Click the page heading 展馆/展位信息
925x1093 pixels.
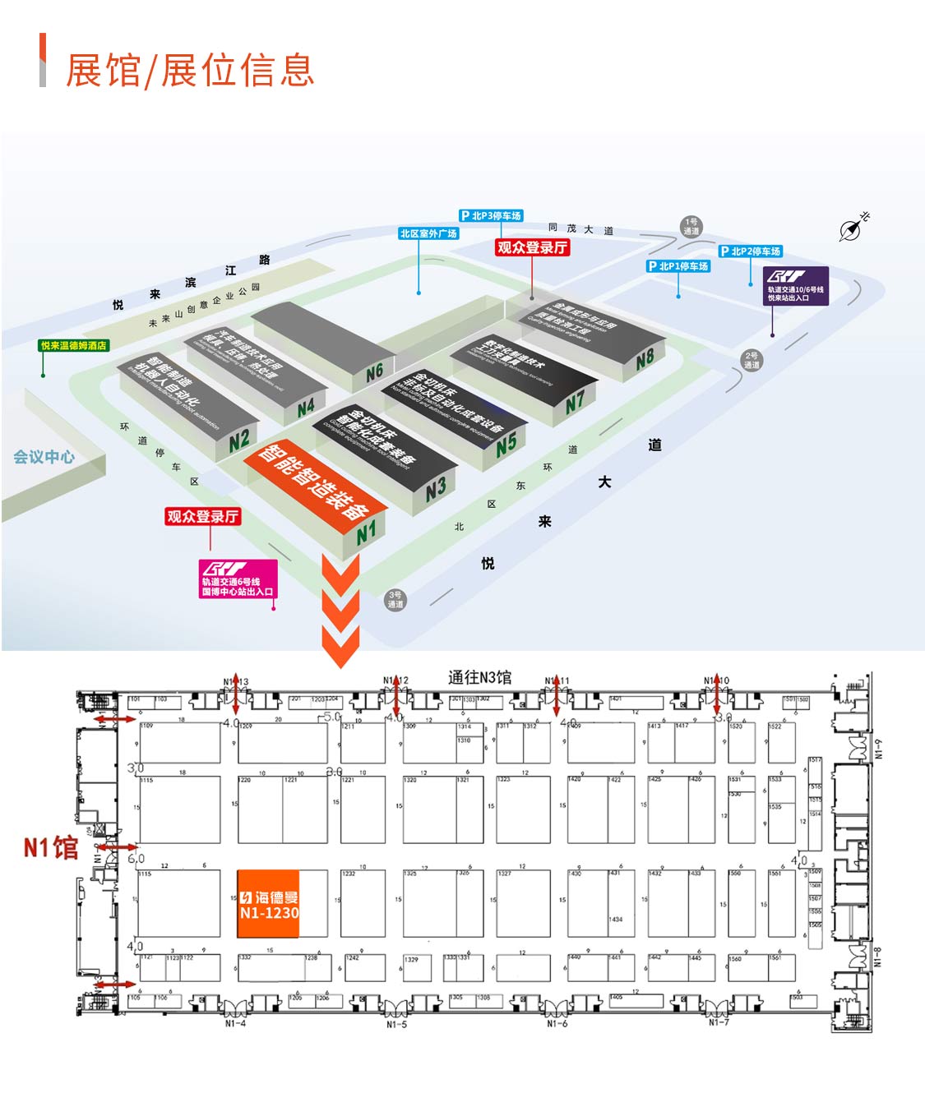pos(189,70)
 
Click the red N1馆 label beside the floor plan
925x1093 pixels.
pos(50,847)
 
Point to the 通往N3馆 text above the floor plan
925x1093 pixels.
pos(479,677)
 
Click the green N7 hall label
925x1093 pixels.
pos(575,401)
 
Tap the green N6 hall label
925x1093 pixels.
pos(374,372)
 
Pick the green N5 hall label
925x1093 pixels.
pos(506,443)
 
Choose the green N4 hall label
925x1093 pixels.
pos(306,407)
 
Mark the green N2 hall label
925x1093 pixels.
pos(239,440)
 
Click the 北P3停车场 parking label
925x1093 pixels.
pos(491,215)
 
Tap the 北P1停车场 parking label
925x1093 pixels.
pos(678,266)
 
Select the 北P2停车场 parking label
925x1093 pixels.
pos(751,251)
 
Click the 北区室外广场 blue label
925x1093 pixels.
pos(428,233)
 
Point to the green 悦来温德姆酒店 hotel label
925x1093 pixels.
pos(74,345)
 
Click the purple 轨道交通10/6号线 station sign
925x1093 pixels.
pos(795,285)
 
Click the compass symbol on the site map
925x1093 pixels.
pos(853,228)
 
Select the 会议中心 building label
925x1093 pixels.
pos(44,457)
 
